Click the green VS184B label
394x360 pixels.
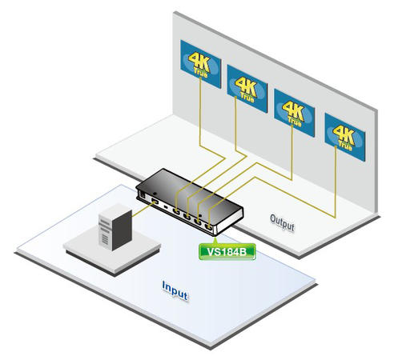(227, 251)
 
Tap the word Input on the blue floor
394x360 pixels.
(175, 291)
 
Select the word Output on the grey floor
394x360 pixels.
(282, 222)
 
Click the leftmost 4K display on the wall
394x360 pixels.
(201, 64)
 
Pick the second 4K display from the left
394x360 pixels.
(247, 89)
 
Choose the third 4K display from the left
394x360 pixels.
(295, 113)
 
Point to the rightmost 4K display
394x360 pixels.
(345, 137)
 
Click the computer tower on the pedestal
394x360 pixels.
(115, 227)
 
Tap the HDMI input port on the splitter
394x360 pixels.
(155, 202)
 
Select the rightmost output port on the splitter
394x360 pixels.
(208, 227)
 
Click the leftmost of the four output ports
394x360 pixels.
(176, 211)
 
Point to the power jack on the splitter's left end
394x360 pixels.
(143, 195)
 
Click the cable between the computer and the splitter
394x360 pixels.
(143, 210)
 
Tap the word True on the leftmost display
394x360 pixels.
(200, 73)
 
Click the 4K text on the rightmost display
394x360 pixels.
(344, 134)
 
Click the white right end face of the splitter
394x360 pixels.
(229, 222)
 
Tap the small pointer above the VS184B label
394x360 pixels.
(215, 240)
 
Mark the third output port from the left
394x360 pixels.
(198, 222)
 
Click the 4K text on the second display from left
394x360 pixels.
(246, 85)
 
